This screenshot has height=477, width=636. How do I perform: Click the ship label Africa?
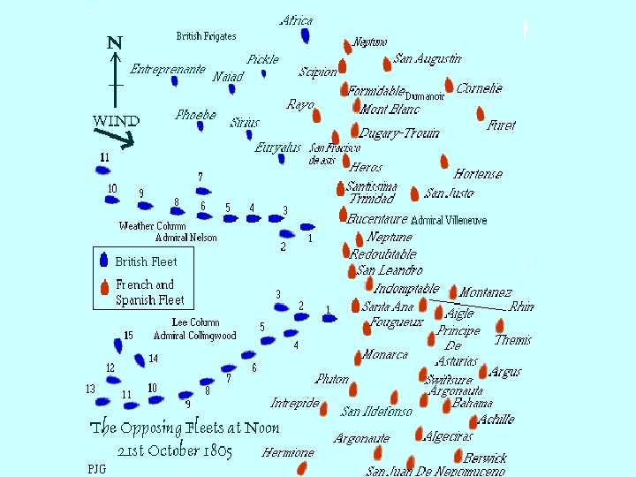coord(296,20)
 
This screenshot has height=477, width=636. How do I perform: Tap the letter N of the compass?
coord(114,42)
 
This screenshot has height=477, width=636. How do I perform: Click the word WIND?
coord(116,121)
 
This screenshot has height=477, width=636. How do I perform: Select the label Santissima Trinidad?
coord(371,193)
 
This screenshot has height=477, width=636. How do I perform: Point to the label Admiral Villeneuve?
coord(449,220)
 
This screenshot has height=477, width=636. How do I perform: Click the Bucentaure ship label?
coord(377,218)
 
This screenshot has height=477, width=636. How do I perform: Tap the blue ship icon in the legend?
coord(104,261)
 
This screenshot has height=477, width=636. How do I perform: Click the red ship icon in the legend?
coord(104,286)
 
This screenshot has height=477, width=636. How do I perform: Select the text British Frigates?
coord(206,36)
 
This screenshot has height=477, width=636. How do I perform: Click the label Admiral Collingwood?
coord(195,336)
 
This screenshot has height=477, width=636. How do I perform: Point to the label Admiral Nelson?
coord(185,238)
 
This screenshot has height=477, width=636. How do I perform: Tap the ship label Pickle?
coord(262,59)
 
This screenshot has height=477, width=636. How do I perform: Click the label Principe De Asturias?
coord(458,345)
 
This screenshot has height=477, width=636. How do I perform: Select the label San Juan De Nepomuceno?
coord(435,472)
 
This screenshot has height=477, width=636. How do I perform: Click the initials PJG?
coord(96,468)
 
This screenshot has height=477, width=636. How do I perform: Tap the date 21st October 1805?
coord(175,451)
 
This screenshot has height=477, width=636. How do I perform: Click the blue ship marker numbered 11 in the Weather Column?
coord(105,170)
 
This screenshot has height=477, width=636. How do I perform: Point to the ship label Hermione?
coord(288,453)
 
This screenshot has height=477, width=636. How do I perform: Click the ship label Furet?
coord(502,126)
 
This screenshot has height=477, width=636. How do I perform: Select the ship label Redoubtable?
coord(382,254)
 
